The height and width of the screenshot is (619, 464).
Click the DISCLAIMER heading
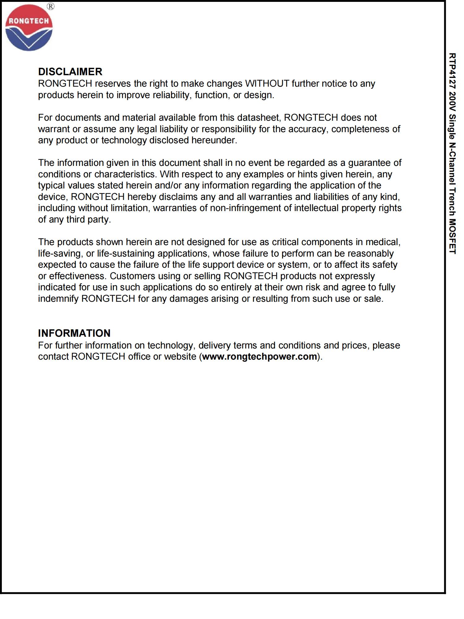tap(70, 72)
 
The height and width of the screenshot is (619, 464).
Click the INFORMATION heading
tap(74, 333)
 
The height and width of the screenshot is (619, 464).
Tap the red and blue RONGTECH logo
tap(29, 28)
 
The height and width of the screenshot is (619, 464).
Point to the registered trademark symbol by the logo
tap(51, 6)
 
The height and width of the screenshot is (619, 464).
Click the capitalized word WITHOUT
tap(267, 84)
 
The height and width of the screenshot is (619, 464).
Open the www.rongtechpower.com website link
tap(260, 357)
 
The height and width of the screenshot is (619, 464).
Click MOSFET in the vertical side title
tap(452, 237)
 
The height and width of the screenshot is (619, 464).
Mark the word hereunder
tap(214, 140)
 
